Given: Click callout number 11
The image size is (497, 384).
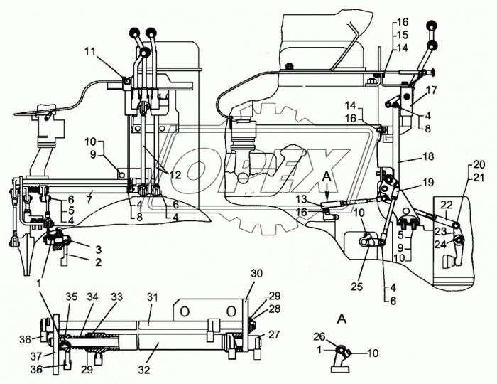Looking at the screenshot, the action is (92, 51).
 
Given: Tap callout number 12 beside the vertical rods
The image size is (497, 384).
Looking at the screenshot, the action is (175, 175).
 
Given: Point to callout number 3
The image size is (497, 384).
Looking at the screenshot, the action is (99, 250).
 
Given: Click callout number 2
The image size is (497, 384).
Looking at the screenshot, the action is (99, 262).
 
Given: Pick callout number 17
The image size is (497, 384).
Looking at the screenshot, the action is (431, 90).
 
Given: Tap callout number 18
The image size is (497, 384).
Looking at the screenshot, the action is (429, 156).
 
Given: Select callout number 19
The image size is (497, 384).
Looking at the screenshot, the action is (427, 183).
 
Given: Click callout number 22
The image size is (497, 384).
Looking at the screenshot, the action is (447, 205).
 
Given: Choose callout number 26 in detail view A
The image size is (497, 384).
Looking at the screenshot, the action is (320, 336).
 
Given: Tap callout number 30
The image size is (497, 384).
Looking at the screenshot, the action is (257, 273).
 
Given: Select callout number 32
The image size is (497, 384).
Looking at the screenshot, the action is (144, 370).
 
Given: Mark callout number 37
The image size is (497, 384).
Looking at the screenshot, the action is (36, 356).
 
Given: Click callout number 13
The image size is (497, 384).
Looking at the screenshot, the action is (302, 199).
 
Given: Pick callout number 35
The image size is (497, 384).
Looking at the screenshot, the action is (71, 297).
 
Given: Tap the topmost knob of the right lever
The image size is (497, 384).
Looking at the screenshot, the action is (431, 26).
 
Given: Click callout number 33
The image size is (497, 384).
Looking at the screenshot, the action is (116, 297).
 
